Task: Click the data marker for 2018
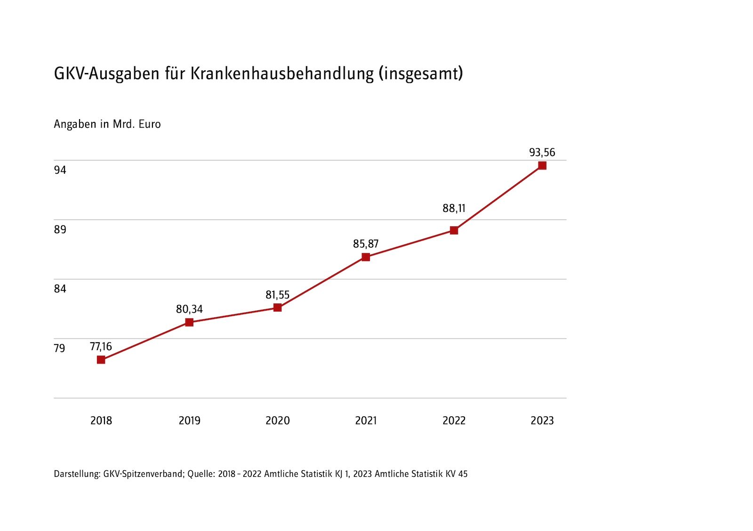[x=101, y=360]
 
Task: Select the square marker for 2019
[x=189, y=322]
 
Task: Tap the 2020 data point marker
[x=278, y=307]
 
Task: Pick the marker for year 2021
[x=366, y=257]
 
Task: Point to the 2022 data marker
[x=454, y=230]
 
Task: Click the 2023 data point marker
[x=542, y=166]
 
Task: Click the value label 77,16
[x=101, y=347]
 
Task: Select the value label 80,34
[x=189, y=309]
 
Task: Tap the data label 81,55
[x=278, y=295]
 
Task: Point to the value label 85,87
[x=366, y=244]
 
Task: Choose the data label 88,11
[x=454, y=208]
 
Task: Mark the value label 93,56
[x=542, y=153]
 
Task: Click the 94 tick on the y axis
[x=60, y=170]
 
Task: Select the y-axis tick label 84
[x=60, y=289]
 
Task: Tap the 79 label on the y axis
[x=60, y=348]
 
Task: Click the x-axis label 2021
[x=366, y=421]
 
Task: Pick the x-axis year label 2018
[x=101, y=421]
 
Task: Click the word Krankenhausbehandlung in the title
[x=282, y=74]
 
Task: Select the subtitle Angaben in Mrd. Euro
[x=107, y=124]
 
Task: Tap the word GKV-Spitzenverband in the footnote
[x=143, y=474]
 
